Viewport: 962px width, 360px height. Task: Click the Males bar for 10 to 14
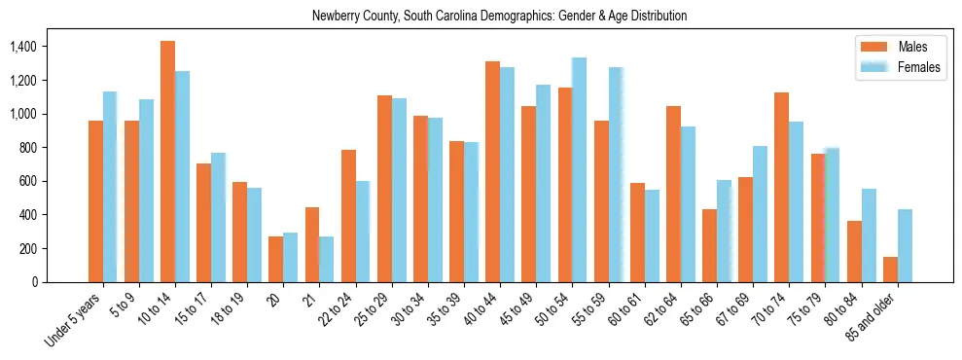click(167, 162)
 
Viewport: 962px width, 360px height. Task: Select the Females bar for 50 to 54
click(579, 170)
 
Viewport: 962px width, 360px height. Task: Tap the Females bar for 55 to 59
click(615, 175)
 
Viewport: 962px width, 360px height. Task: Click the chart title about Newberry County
click(499, 17)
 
